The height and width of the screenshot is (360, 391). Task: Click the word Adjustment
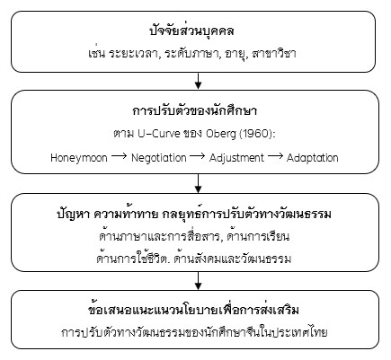(x=236, y=158)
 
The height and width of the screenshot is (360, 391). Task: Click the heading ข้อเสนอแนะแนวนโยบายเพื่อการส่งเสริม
(x=196, y=311)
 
